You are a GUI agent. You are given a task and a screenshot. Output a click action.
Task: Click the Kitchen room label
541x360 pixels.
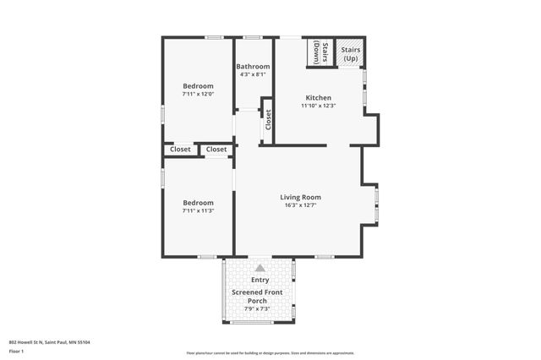(x=319, y=98)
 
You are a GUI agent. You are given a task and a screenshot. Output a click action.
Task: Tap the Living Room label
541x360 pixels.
(x=301, y=197)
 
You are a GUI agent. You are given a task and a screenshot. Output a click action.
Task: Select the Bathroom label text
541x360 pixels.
(x=253, y=67)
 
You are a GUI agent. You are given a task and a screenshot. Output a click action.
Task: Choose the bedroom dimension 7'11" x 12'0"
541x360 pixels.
(x=198, y=94)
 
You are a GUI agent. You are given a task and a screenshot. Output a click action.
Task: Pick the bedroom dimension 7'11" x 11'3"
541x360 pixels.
(x=198, y=210)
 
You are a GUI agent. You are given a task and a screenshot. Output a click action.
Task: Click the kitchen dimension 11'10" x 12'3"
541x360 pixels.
(x=319, y=106)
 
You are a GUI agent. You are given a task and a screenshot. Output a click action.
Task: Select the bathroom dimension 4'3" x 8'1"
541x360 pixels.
(x=253, y=74)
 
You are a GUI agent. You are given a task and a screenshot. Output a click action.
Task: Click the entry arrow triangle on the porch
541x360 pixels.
(x=260, y=267)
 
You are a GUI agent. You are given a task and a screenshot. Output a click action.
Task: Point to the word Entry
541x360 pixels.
(x=260, y=280)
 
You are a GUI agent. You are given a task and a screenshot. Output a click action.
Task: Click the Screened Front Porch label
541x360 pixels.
(x=260, y=297)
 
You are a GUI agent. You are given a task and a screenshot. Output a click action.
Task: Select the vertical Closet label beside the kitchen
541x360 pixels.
(x=268, y=119)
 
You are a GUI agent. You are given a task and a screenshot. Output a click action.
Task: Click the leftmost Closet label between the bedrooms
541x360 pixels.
(x=180, y=150)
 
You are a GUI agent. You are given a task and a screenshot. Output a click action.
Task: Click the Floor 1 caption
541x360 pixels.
(x=16, y=350)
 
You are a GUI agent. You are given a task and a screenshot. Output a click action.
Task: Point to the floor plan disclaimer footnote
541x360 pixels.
(x=270, y=352)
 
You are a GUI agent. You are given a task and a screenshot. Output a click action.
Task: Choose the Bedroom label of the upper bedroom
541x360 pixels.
(x=198, y=86)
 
